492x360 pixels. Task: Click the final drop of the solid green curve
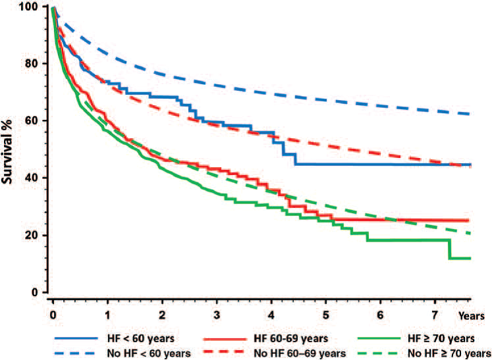coord(450,249)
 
